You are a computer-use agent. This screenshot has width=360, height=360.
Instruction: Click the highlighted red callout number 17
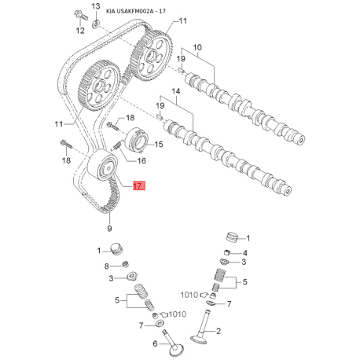click(139, 186)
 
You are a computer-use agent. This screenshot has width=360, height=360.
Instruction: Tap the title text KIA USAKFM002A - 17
click(136, 11)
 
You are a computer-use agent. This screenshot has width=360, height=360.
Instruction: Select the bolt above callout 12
click(82, 16)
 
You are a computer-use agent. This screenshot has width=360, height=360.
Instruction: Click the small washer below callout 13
click(96, 24)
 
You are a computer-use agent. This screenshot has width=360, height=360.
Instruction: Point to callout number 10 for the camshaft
click(197, 47)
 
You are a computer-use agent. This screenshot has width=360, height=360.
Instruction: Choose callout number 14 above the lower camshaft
click(176, 91)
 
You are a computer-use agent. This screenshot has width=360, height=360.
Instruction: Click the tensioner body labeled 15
click(137, 140)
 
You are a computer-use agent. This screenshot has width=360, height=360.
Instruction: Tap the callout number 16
click(141, 160)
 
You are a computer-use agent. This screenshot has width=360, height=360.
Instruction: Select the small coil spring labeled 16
click(116, 146)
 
